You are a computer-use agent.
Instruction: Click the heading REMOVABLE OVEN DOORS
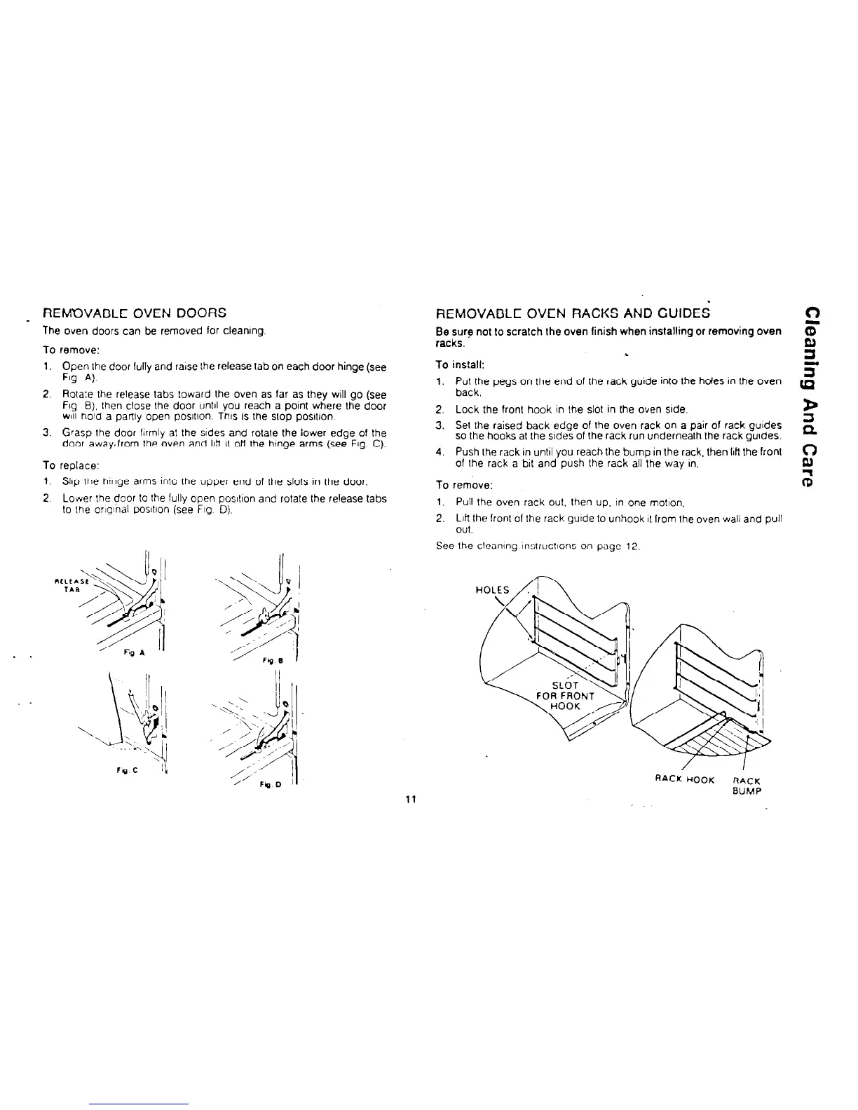(135, 313)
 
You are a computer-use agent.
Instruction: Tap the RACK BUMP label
(746, 786)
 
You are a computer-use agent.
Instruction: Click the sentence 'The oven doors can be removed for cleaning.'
(154, 330)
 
